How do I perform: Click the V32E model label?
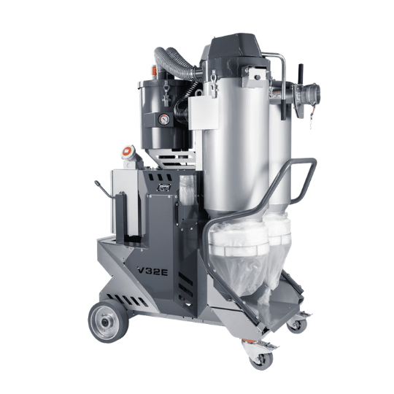pyautogui.click(x=152, y=271)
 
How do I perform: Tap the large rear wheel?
pyautogui.click(x=108, y=321)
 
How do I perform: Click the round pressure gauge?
pyautogui.click(x=163, y=120)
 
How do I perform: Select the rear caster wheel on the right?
pyautogui.click(x=297, y=325)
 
